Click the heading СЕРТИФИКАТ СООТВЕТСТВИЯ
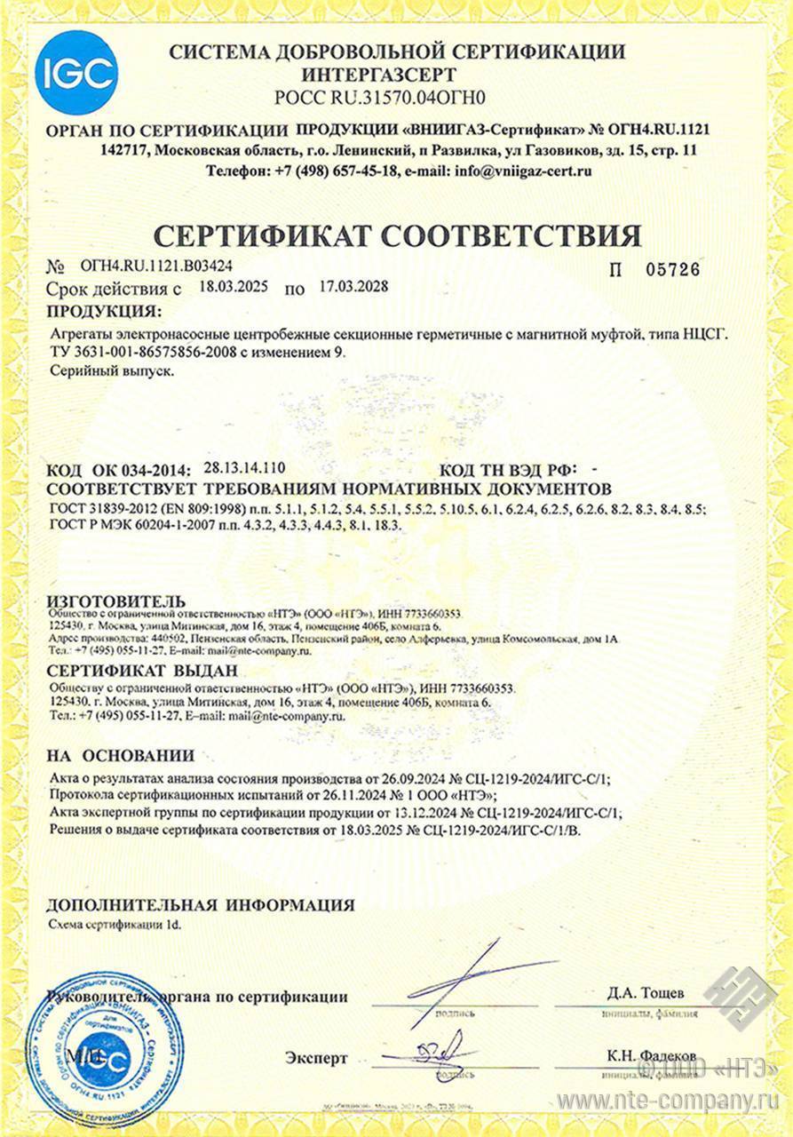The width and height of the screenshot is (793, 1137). [x=397, y=235]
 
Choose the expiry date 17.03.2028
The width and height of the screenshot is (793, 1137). [x=350, y=287]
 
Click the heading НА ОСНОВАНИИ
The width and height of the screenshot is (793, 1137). [x=120, y=756]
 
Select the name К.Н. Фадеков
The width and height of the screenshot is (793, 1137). [x=652, y=1055]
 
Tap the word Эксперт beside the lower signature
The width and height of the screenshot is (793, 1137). [x=316, y=1058]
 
